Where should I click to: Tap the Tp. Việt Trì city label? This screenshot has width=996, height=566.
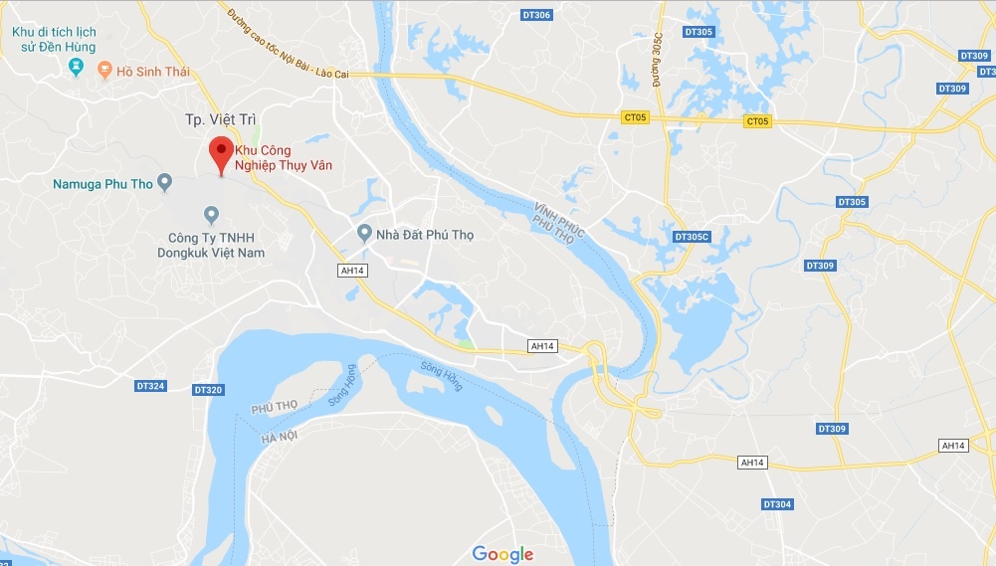coord(220,119)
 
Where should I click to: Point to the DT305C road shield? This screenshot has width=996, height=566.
coord(692,237)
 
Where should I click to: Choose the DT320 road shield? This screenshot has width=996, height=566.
coord(208,389)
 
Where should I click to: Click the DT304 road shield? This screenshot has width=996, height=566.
coord(777,504)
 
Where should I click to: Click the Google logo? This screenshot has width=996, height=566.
coord(502,554)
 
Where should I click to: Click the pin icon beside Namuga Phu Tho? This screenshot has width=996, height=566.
coord(166,182)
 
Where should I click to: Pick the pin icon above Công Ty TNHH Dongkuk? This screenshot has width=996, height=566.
coord(211,214)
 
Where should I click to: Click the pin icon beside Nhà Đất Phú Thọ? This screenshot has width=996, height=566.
coord(365,234)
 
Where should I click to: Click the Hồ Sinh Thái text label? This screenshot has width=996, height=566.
coord(153,72)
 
